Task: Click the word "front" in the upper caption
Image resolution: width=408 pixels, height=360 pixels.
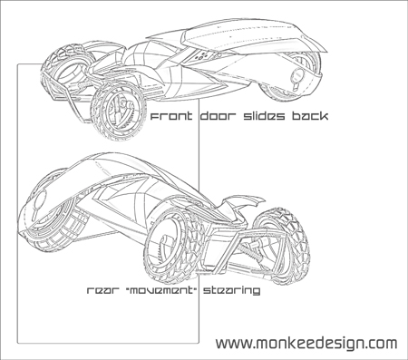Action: tap(170, 118)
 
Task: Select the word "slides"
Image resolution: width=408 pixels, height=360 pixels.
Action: tap(262, 118)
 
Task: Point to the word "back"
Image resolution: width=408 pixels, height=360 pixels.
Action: tap(306, 118)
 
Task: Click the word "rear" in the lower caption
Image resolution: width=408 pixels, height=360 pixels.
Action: tap(102, 292)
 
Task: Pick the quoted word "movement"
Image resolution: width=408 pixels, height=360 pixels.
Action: tap(159, 292)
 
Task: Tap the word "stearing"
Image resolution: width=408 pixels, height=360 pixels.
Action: tap(232, 292)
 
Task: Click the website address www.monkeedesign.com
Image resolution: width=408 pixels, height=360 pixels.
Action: tap(306, 344)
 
